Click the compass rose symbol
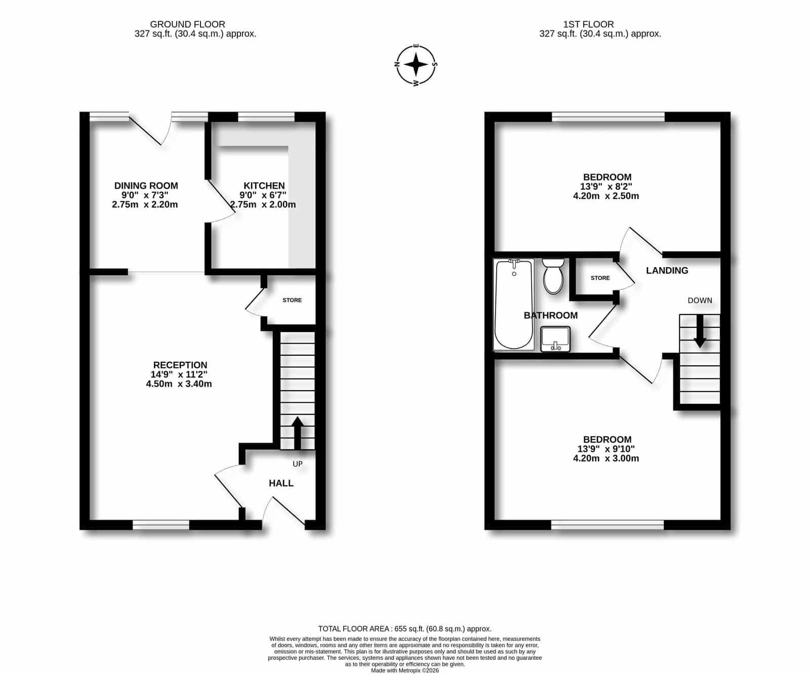pos(416,64)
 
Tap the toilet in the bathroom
pos(553,276)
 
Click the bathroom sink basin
pos(555,339)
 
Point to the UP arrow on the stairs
pos(297,433)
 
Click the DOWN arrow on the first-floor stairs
pos(700,331)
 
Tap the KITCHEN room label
pos(264,186)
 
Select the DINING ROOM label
pos(146,186)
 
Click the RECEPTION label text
pos(180,365)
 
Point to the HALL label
pos(281,483)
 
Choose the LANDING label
pos(667,271)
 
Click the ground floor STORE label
pos(292,300)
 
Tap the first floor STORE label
pos(600,278)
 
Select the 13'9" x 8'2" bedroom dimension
pos(606,186)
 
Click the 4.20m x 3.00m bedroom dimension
pos(606,458)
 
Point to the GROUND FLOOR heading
pos(188,24)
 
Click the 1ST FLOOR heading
pos(589,24)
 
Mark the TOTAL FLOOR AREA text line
pos(405,629)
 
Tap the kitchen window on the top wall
pos(266,117)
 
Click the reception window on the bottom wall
pos(161,525)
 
